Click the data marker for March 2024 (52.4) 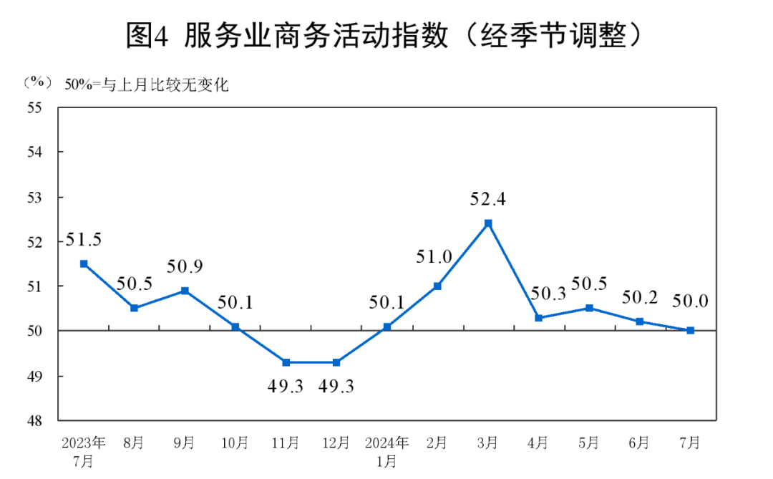click(488, 223)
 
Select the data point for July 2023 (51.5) click(84, 263)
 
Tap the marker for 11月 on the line click(286, 362)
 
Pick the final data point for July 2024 click(691, 331)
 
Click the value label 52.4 click(488, 200)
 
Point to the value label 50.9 click(185, 267)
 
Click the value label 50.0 click(691, 301)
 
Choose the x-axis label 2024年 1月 click(387, 452)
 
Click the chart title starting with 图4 click(386, 35)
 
